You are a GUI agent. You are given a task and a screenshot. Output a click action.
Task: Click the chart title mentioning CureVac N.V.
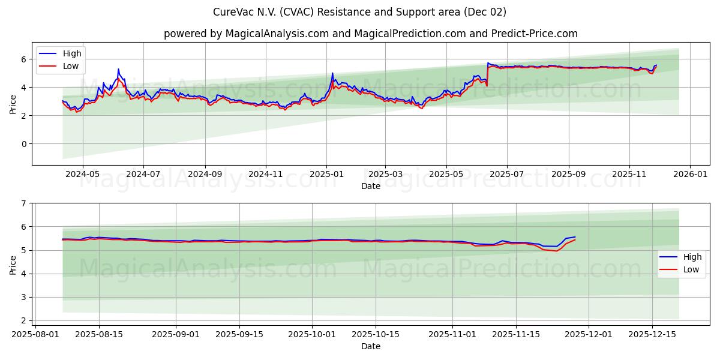(359, 12)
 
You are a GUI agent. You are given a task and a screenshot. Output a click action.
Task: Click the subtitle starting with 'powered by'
(370, 34)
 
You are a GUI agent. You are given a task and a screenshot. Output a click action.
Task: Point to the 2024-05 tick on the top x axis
(82, 174)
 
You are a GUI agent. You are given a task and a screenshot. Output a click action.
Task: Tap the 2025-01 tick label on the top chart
(326, 174)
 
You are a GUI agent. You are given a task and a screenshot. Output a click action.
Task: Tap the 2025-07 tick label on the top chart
(506, 174)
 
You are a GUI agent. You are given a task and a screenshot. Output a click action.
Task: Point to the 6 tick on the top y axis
(24, 59)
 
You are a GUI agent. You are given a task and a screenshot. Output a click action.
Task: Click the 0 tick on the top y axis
(24, 144)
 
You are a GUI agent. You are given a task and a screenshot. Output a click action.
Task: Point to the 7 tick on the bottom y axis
(24, 203)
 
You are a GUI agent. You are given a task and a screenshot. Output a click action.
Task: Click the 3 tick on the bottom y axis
(24, 298)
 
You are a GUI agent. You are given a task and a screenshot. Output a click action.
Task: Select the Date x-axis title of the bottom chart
(370, 346)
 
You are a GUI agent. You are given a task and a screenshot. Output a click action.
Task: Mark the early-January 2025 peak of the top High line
(332, 73)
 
